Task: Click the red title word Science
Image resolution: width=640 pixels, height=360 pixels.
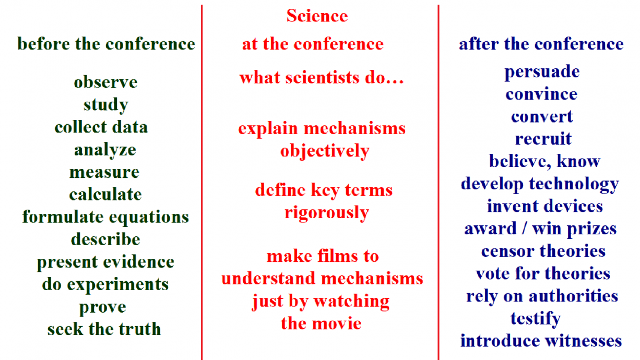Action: tap(317, 16)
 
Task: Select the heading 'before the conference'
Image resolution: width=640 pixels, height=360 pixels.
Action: tap(106, 44)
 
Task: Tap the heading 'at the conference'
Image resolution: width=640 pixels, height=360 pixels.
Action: tap(312, 44)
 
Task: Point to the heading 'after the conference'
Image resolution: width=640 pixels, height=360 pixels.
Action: tap(541, 44)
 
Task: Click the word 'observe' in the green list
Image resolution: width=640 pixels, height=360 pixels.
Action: tap(105, 82)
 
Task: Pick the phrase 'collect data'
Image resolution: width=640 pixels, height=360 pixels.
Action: tap(101, 127)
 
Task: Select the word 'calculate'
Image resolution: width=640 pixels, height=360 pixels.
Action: tap(105, 195)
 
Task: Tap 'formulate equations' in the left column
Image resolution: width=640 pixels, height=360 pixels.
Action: tap(105, 217)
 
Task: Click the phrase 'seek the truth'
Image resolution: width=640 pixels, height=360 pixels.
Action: tap(104, 329)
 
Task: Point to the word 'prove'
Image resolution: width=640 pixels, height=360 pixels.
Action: tap(103, 307)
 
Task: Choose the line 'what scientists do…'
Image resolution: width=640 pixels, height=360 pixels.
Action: tap(322, 78)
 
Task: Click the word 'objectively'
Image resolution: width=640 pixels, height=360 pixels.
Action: tap(325, 151)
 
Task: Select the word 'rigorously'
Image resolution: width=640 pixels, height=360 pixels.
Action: tap(327, 213)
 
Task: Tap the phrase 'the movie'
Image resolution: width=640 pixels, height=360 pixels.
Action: tap(321, 323)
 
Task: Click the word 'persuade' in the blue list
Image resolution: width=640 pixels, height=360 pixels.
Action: tap(542, 72)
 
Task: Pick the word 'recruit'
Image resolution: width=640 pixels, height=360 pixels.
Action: tap(543, 139)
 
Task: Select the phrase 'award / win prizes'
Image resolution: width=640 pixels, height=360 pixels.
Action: tap(540, 229)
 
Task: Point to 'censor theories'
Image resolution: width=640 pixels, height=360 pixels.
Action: tap(543, 251)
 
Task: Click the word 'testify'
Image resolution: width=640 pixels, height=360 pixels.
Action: tap(536, 318)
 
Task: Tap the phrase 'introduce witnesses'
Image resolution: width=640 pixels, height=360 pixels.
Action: tap(541, 341)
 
